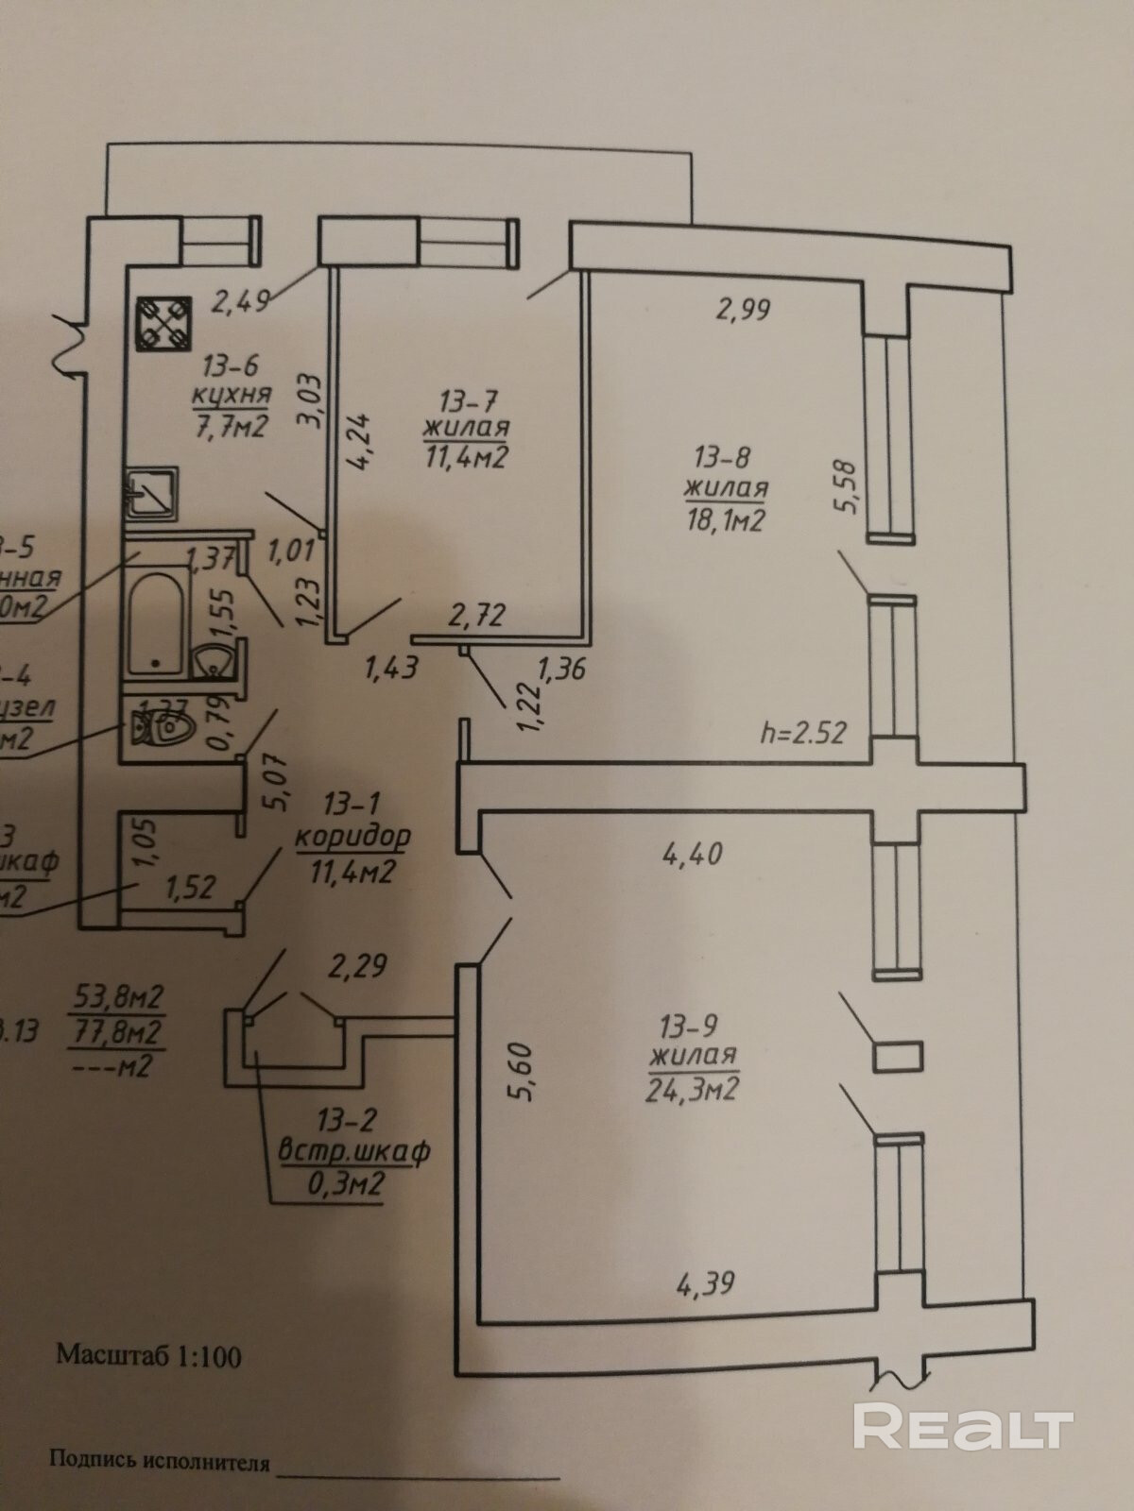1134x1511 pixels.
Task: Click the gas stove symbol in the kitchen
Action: [x=164, y=322]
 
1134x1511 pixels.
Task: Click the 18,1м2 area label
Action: [x=724, y=520]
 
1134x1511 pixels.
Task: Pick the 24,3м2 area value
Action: [x=692, y=1089]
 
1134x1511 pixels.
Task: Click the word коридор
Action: [x=352, y=836]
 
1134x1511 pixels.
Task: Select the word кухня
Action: [x=231, y=394]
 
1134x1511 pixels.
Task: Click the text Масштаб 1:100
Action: [x=149, y=1357]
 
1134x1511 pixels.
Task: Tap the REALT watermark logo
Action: [x=963, y=1423]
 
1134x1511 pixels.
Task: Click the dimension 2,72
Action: [x=477, y=616]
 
